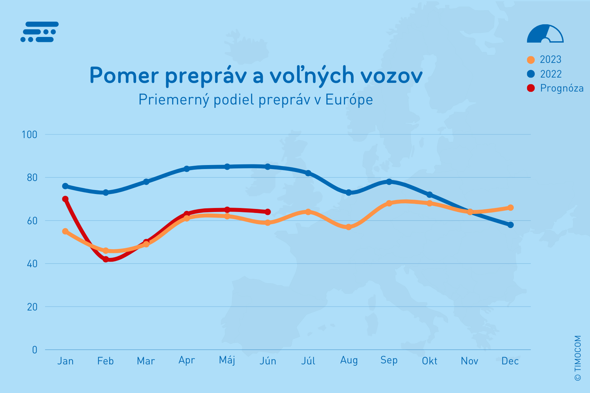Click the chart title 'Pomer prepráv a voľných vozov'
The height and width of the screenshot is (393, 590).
click(256, 75)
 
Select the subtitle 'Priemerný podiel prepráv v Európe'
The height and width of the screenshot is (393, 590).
click(256, 99)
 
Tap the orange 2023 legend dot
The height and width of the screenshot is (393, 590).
click(531, 60)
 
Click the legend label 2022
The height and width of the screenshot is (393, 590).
click(551, 74)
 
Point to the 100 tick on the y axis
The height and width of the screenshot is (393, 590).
click(29, 135)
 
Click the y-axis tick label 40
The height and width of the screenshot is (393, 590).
click(32, 264)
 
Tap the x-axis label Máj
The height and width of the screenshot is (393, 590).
click(227, 360)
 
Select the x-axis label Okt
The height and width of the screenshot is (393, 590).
click(430, 361)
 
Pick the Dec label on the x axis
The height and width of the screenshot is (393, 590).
click(510, 361)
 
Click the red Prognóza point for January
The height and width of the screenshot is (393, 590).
click(65, 199)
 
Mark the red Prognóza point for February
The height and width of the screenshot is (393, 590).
click(106, 259)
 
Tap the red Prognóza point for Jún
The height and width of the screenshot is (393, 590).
click(268, 212)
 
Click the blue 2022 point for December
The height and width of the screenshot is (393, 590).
click(510, 225)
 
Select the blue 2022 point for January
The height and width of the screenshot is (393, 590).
click(65, 186)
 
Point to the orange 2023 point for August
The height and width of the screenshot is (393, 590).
click(349, 227)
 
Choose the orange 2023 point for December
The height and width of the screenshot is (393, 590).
click(510, 208)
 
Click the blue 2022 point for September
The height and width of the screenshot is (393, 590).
click(389, 182)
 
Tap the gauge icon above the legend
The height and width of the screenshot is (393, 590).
click(545, 34)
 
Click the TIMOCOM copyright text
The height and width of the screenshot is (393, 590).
click(578, 358)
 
